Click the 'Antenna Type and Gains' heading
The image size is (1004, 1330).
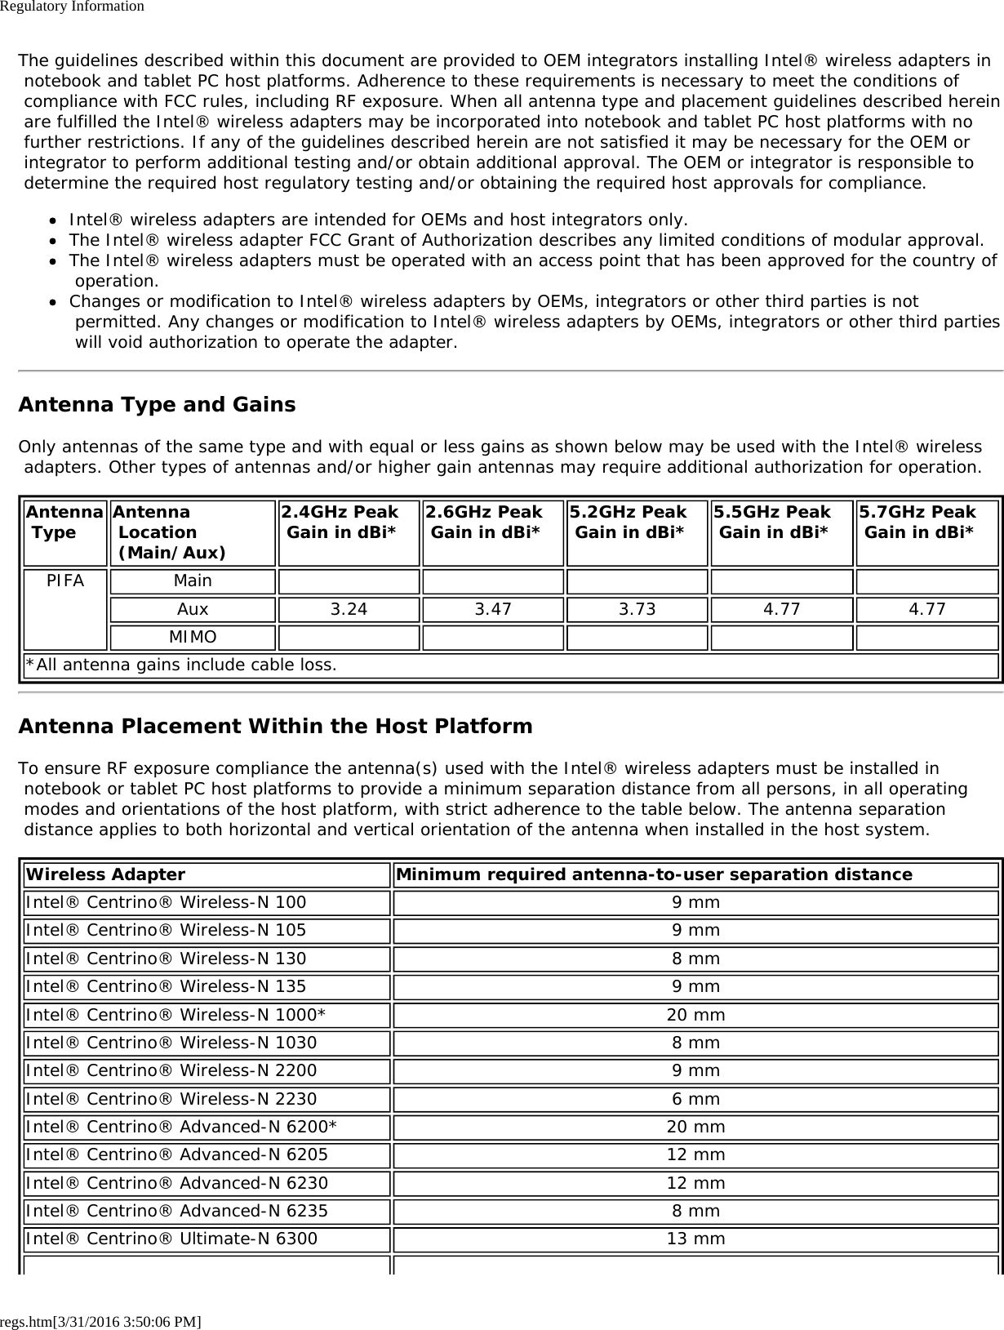[x=157, y=405]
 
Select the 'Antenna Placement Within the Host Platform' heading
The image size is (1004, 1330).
[x=275, y=726]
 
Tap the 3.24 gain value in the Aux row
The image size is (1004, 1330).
[x=349, y=609]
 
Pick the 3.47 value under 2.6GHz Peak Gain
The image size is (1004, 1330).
[x=493, y=609]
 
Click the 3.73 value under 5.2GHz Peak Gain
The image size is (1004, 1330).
[x=637, y=609]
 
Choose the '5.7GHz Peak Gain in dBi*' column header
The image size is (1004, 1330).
[x=917, y=522]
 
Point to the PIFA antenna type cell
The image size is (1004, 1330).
[x=64, y=581]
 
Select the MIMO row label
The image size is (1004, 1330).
[x=193, y=637]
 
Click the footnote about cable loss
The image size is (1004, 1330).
[x=180, y=665]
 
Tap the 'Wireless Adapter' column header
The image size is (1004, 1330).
[x=106, y=874]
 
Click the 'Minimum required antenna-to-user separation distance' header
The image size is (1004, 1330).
[x=654, y=874]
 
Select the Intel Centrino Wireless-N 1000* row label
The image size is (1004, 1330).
[x=175, y=1015]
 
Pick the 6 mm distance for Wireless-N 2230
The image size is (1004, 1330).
[x=695, y=1099]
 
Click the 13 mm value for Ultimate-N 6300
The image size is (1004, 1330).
[x=695, y=1239]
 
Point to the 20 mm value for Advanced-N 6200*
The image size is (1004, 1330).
[x=695, y=1127]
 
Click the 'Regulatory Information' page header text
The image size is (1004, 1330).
[x=72, y=7]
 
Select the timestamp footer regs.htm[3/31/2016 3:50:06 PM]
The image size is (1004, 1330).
[x=101, y=1321]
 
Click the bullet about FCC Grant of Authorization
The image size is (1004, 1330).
[x=526, y=240]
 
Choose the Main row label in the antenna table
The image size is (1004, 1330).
[x=193, y=581]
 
